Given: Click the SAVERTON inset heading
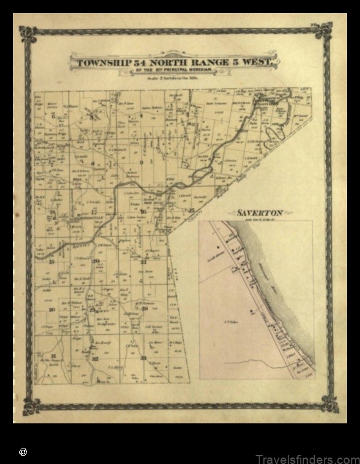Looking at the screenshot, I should (256, 212).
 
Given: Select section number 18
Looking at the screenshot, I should (52, 212).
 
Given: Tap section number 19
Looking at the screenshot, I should (52, 261).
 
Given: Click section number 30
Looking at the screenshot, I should (52, 309).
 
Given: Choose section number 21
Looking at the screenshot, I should (143, 262).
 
